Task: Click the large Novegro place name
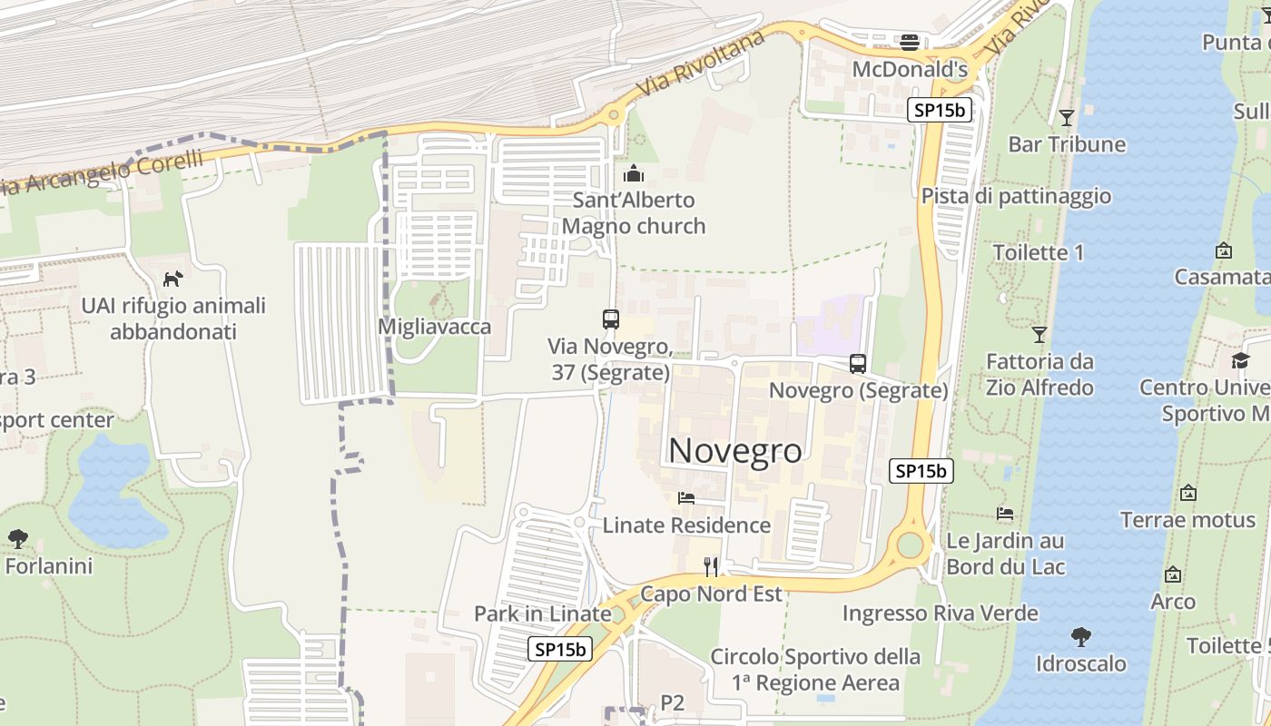(735, 451)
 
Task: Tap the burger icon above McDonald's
(910, 42)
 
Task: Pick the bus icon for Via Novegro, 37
(611, 319)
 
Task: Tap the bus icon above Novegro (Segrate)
(858, 364)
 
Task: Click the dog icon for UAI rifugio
(172, 279)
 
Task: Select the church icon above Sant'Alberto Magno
(634, 173)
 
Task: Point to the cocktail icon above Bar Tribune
(1067, 118)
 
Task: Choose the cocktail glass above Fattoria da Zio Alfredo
(1039, 335)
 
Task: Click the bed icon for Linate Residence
(686, 498)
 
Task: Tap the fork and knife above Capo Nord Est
(711, 567)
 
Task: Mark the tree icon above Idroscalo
(1080, 637)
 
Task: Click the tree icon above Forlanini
(18, 539)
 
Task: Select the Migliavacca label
(435, 327)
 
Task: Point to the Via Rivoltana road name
(684, 75)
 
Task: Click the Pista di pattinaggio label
(1016, 196)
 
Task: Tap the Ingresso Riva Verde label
(940, 613)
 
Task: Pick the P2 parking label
(672, 701)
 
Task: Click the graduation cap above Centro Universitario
(1240, 361)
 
